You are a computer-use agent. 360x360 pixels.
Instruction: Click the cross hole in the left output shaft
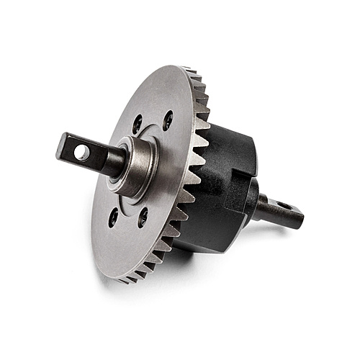82,153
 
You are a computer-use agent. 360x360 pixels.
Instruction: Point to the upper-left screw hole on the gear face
137,124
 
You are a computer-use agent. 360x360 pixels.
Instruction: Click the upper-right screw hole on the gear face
168,120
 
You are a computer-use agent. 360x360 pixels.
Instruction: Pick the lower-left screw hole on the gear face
114,217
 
